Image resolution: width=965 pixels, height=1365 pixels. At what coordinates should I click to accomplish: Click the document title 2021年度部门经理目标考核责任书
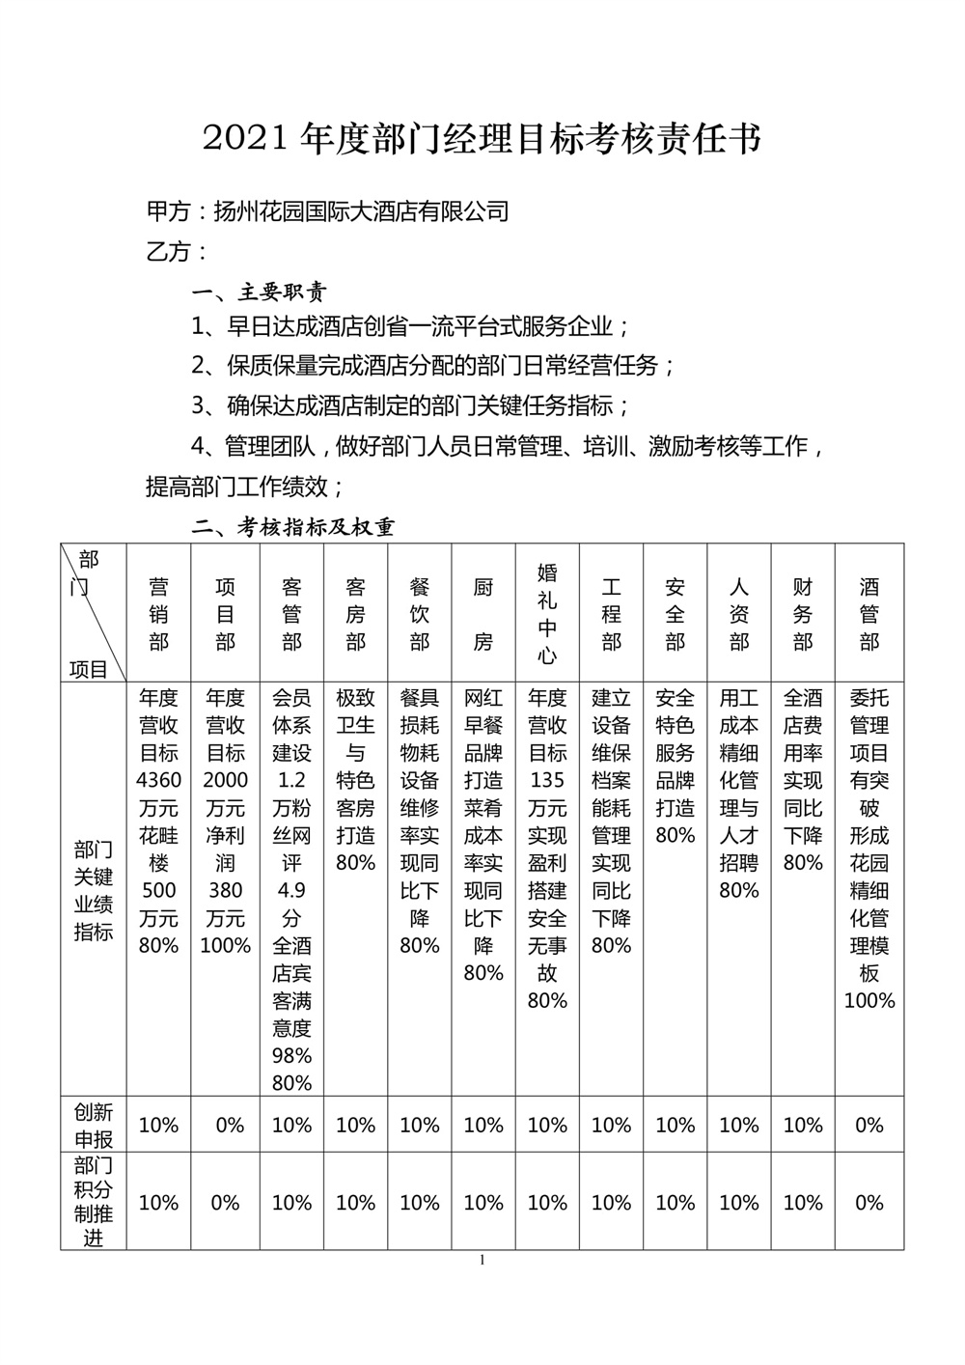click(482, 139)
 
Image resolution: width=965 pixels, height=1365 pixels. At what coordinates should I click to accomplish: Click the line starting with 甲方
click(327, 211)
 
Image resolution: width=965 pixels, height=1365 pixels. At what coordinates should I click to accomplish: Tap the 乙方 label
click(177, 252)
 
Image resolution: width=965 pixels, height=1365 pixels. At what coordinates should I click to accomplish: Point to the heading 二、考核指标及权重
click(293, 527)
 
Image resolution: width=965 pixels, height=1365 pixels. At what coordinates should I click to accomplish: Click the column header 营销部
click(159, 614)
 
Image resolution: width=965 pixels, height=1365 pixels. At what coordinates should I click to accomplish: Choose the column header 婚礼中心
click(547, 614)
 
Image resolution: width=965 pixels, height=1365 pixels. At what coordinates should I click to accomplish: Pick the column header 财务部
click(803, 614)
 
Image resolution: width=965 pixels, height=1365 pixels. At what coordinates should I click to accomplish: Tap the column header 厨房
click(483, 614)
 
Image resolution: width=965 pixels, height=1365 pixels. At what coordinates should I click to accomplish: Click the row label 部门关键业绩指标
click(94, 890)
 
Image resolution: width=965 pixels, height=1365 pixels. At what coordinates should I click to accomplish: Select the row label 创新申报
click(94, 1125)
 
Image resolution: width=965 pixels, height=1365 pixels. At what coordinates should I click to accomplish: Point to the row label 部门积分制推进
click(94, 1202)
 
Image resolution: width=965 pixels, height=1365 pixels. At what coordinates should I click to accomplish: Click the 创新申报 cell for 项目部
click(225, 1126)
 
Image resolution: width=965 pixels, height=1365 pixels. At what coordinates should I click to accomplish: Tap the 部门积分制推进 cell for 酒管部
click(869, 1203)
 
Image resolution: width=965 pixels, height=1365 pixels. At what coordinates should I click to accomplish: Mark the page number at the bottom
click(482, 1260)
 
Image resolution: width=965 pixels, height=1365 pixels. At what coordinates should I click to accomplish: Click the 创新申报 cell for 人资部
click(739, 1126)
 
